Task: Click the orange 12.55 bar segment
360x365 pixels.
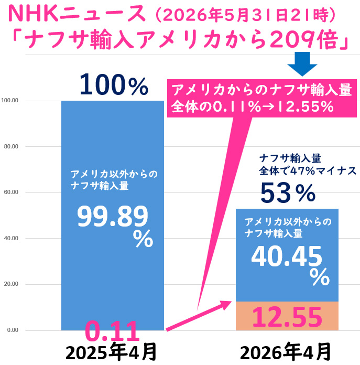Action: tap(287, 316)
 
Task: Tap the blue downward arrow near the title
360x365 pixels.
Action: tap(302, 64)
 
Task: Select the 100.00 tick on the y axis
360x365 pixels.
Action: tap(10, 100)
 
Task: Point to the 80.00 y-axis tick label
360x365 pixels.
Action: tap(11, 146)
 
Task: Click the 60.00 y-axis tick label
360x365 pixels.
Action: tap(11, 192)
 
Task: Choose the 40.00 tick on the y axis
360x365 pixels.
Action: tap(11, 238)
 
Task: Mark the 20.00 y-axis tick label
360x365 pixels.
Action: tap(11, 284)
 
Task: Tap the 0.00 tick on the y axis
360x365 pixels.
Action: tap(13, 330)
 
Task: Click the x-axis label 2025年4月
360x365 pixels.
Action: tap(111, 352)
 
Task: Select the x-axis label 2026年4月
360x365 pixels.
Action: tap(286, 352)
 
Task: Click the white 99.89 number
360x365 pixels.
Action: tap(113, 217)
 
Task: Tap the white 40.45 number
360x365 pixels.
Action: tap(287, 256)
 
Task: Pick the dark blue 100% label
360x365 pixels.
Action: tap(114, 84)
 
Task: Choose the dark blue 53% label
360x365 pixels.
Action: tap(288, 192)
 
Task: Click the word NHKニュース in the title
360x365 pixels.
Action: tap(77, 14)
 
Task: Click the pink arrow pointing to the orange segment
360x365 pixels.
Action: tap(199, 316)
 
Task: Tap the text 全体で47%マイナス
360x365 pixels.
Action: tap(308, 170)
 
